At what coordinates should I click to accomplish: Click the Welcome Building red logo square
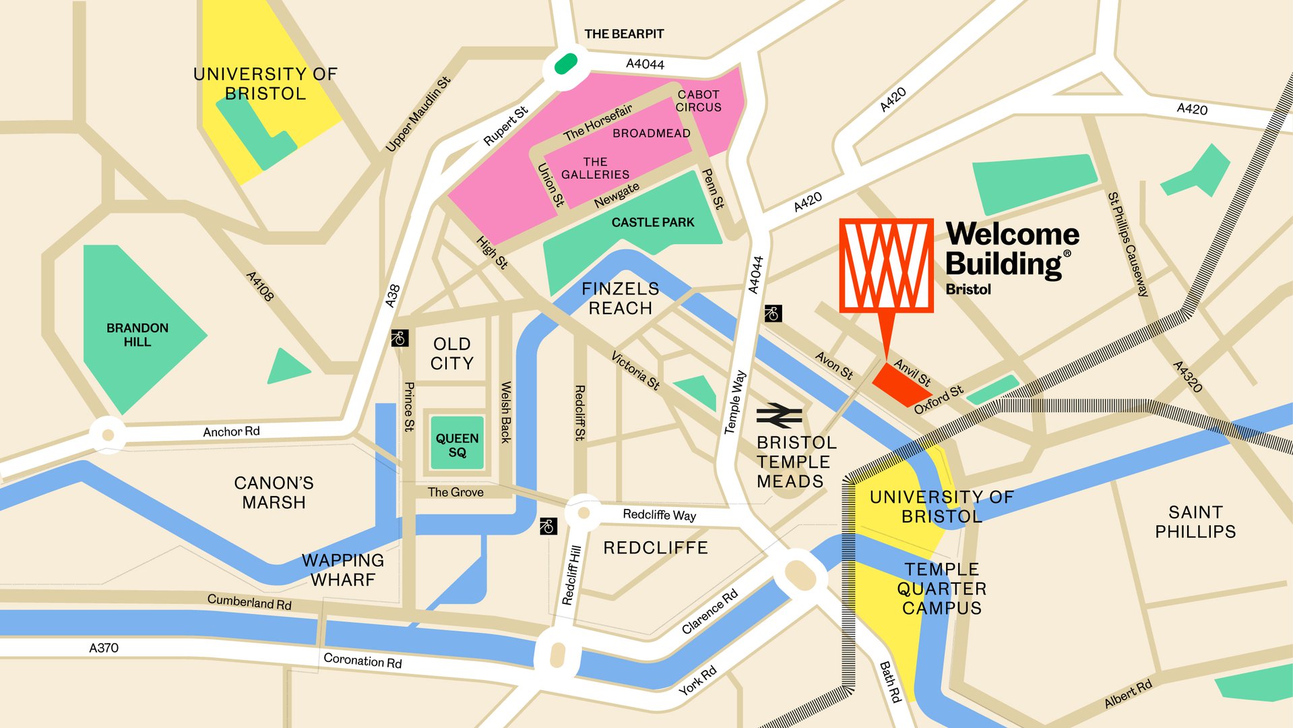[x=886, y=265]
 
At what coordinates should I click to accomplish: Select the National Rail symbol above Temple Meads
[x=779, y=416]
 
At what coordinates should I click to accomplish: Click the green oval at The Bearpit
[x=565, y=64]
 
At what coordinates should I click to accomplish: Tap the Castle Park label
[x=652, y=222]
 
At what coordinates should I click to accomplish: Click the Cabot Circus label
[x=698, y=101]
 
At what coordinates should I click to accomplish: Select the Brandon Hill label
[x=137, y=335]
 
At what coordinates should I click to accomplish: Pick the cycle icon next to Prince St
[x=400, y=338]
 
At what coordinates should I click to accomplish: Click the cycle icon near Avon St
[x=773, y=313]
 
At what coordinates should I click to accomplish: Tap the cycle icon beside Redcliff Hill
[x=548, y=526]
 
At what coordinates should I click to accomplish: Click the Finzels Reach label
[x=621, y=299]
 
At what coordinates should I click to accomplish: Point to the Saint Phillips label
[x=1195, y=522]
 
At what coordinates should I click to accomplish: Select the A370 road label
[x=104, y=648]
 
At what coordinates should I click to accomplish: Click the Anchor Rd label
[x=231, y=431]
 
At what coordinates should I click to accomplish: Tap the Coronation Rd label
[x=362, y=661]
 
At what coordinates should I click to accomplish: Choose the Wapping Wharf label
[x=343, y=570]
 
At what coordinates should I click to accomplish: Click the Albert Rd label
[x=1128, y=694]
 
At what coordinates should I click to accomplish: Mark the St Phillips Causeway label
[x=1128, y=245]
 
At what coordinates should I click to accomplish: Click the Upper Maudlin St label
[x=418, y=114]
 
